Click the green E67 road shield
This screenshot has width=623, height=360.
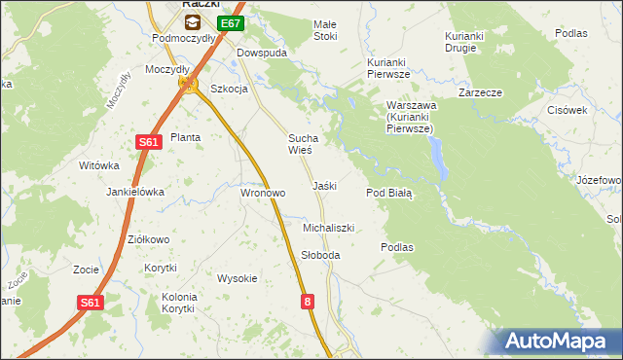click(x=230, y=23)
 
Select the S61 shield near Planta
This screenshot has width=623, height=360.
click(x=147, y=142)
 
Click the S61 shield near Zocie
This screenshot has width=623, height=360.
click(x=90, y=303)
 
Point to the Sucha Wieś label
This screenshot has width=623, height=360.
click(x=299, y=144)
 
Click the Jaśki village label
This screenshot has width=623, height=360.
click(x=324, y=185)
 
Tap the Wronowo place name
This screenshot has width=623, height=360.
click(x=263, y=193)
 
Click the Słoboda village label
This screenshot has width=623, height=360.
click(x=320, y=255)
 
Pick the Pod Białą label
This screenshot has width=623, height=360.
click(x=389, y=193)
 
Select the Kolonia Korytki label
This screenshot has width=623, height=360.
click(x=179, y=302)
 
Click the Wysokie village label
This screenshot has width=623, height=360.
click(x=237, y=278)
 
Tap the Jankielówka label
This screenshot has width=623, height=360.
click(x=135, y=192)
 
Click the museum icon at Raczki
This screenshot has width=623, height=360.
click(x=193, y=21)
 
